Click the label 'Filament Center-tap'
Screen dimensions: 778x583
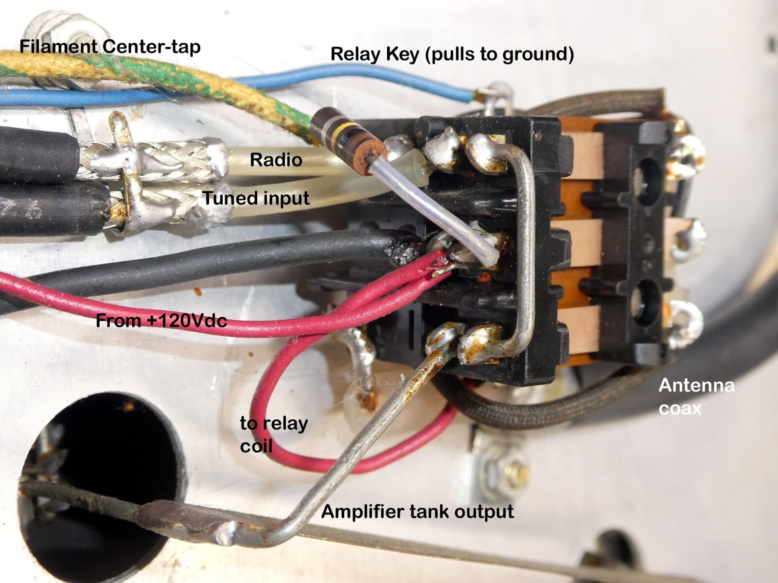coord(110,47)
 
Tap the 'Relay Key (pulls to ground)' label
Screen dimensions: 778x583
coord(452,54)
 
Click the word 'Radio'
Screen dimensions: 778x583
coord(276,160)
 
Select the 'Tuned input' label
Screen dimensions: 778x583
coord(256,198)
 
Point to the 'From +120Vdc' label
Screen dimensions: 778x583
coord(161,321)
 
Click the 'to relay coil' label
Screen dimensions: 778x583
coord(274,434)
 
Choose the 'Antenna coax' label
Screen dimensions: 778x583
coord(696,396)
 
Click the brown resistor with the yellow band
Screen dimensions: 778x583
coord(349,141)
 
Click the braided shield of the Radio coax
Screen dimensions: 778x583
coord(152,159)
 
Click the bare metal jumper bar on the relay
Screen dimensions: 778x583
coord(525,244)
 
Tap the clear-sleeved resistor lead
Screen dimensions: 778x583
coord(434,209)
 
